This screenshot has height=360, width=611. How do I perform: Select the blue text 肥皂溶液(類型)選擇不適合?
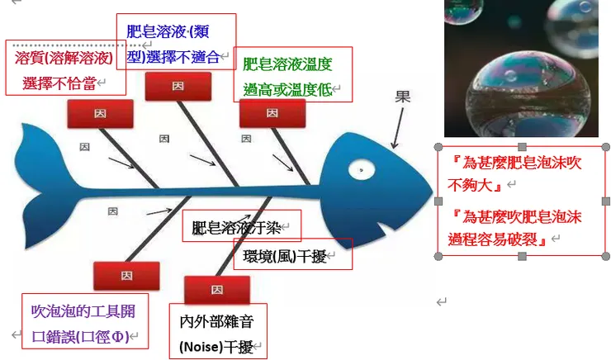(x=175, y=44)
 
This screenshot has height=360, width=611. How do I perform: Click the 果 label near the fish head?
(x=402, y=97)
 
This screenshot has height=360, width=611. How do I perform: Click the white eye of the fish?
(x=360, y=170)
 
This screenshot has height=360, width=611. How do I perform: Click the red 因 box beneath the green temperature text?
(x=267, y=113)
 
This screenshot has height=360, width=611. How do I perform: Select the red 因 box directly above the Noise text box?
(x=216, y=290)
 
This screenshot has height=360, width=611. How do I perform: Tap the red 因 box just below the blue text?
(x=178, y=86)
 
